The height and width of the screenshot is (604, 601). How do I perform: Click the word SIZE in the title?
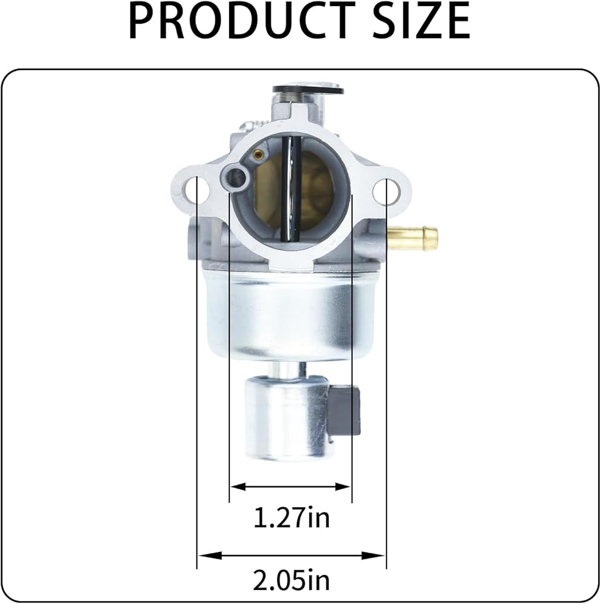(422, 20)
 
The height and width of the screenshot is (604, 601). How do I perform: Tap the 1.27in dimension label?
(291, 518)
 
